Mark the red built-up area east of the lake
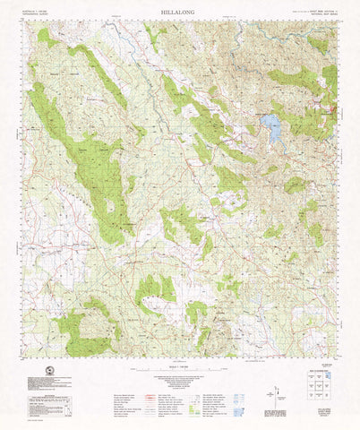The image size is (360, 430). [332, 112]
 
